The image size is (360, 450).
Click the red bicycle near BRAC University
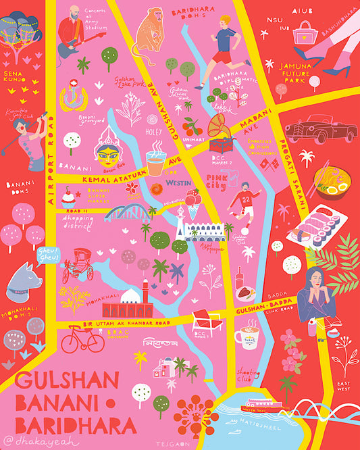coord(82,339)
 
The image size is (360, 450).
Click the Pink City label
coord(215,180)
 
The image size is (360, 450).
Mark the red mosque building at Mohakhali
coord(128,305)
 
